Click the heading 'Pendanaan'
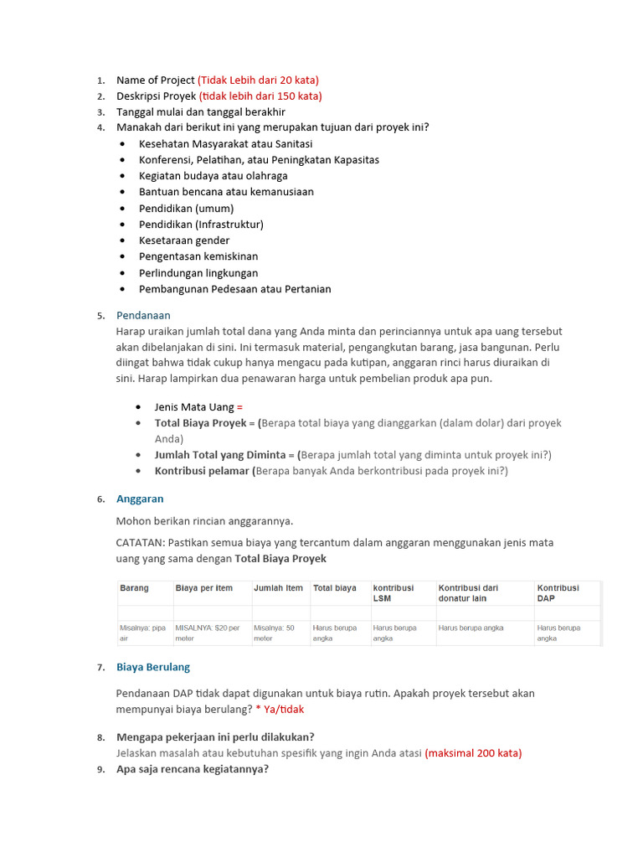coord(143,315)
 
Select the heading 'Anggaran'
coord(140,499)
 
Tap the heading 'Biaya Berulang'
coord(153,667)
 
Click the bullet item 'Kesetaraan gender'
coord(184,240)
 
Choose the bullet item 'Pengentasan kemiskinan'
coord(198,256)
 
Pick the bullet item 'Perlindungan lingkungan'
coord(198,273)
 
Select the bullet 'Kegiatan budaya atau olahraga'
coord(213,176)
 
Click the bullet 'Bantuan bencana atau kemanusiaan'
coord(226,192)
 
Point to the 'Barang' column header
coord(135,588)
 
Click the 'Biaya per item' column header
coord(203,588)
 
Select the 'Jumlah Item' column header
coord(278,588)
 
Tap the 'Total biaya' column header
coord(335,588)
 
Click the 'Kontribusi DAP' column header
coord(558,592)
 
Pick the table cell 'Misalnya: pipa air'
coord(143,633)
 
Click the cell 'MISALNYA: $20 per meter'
coord(208,633)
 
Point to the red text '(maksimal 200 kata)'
coord(473,753)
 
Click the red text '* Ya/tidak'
coord(280,709)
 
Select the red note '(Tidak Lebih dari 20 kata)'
coord(258,80)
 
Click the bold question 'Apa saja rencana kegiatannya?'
coord(193,769)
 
